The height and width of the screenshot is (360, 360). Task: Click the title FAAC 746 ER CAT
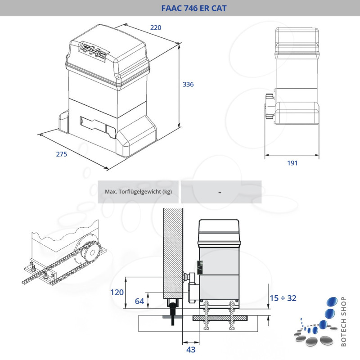[x=193, y=8]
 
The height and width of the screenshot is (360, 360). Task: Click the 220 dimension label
[x=155, y=28]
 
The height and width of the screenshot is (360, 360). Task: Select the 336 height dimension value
[x=188, y=84]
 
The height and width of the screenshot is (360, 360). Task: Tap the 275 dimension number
[x=61, y=154]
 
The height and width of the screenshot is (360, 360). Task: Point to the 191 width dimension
[x=292, y=163]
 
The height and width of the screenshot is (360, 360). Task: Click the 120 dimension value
[x=117, y=292]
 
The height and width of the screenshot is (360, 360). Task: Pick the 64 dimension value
[x=139, y=301]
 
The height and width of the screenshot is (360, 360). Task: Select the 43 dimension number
[x=191, y=349]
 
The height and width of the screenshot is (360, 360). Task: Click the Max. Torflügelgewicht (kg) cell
[x=139, y=192]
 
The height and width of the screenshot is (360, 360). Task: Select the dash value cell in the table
[x=220, y=192]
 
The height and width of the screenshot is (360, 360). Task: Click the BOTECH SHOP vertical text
[x=344, y=322]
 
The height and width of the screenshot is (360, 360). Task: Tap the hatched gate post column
[x=173, y=252]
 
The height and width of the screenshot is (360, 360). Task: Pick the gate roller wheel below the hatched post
[x=173, y=310]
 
